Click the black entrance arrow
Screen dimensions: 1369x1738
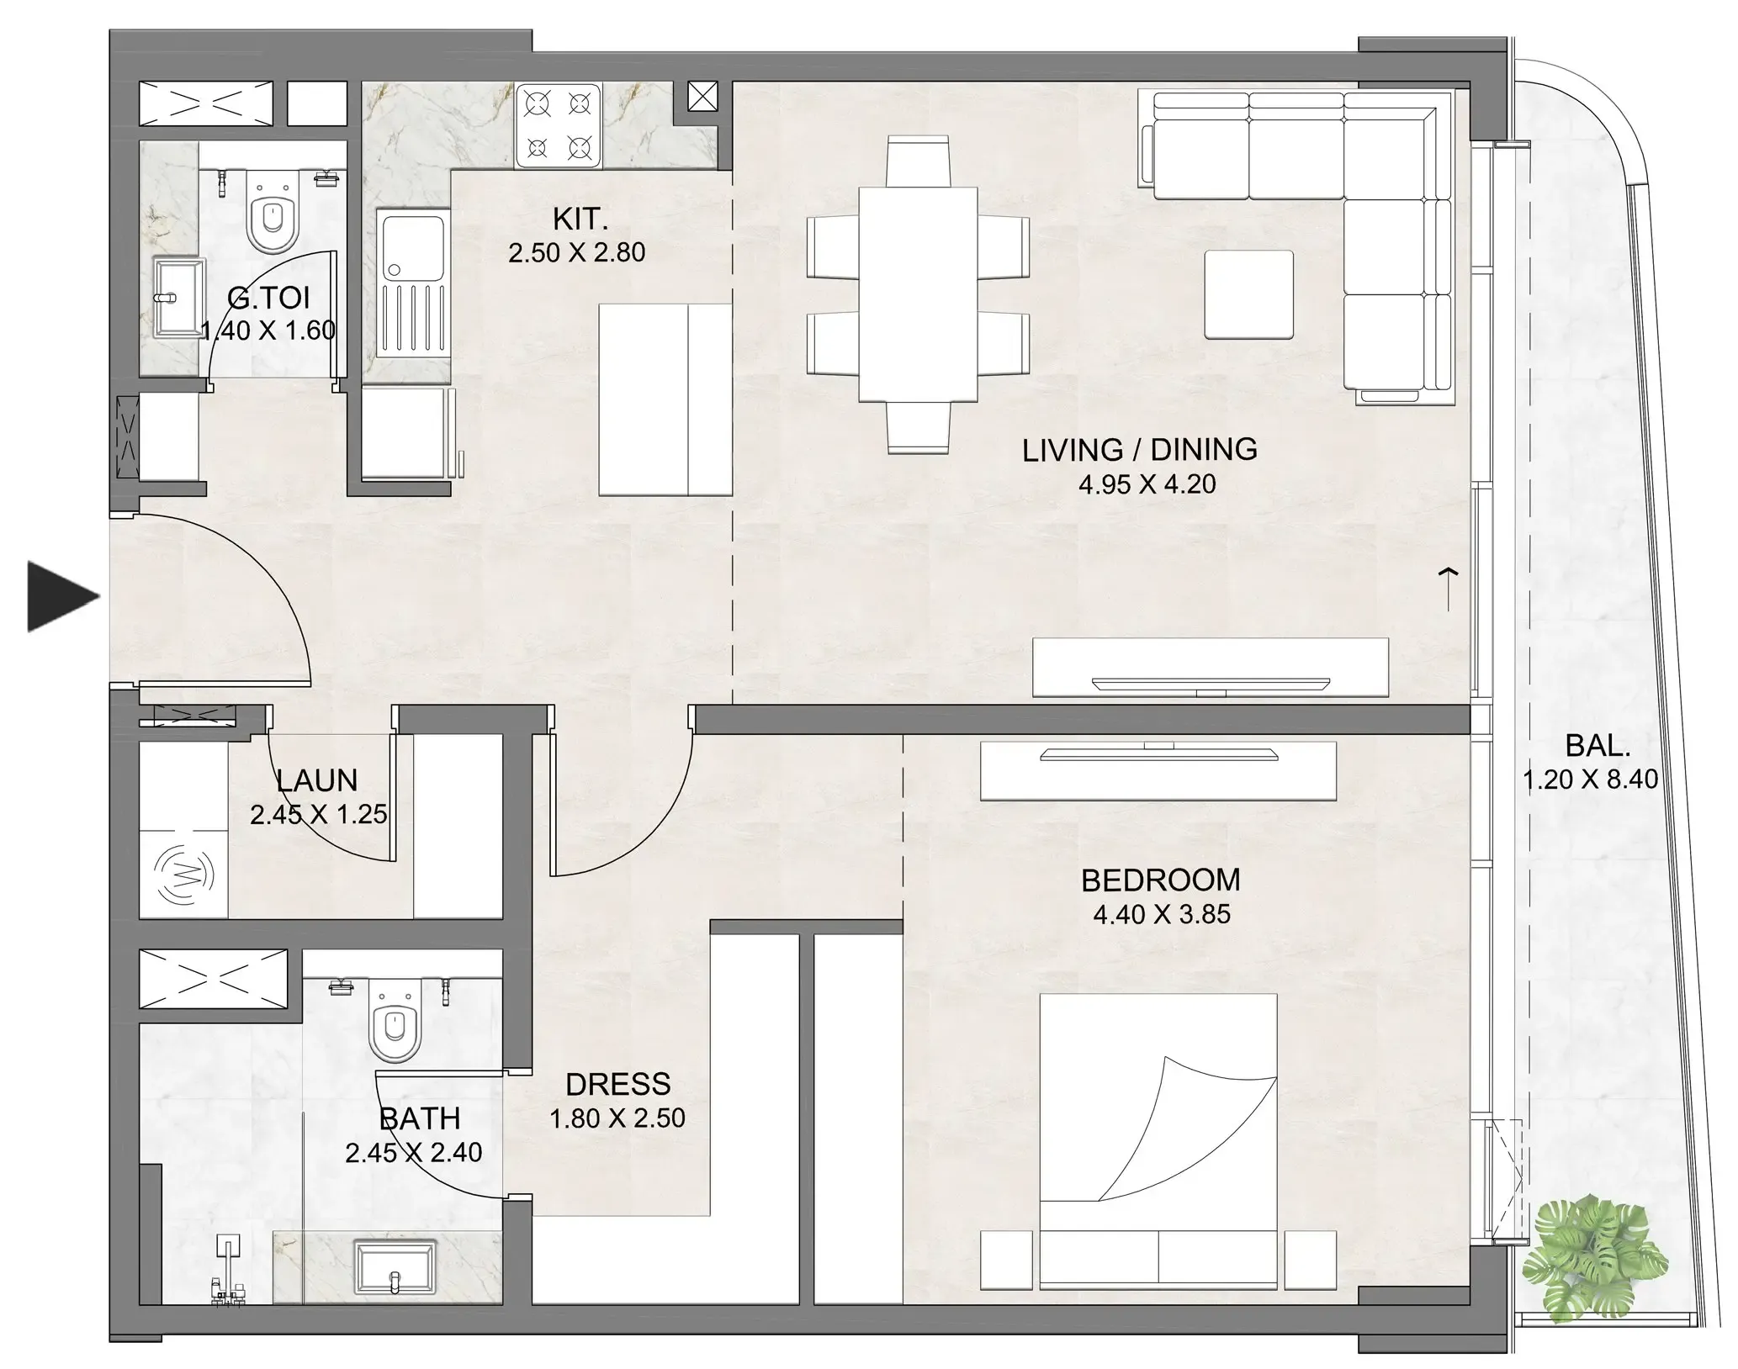point(61,596)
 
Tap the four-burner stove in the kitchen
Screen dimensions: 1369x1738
point(557,125)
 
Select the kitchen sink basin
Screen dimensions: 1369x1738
point(412,245)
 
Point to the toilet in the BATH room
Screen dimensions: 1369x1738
point(394,1028)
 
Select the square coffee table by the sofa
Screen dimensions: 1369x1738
point(1248,293)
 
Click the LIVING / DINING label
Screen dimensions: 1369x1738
point(1139,450)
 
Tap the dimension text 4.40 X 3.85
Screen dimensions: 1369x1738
point(1161,914)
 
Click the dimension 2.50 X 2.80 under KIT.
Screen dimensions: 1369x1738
point(576,252)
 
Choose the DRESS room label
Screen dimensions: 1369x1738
point(617,1084)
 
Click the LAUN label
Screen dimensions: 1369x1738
point(317,780)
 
